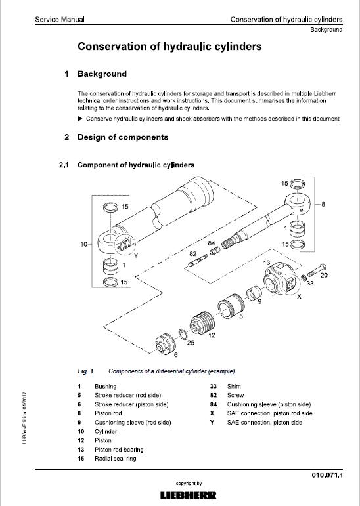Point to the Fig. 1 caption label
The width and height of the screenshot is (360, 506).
pyautogui.click(x=85, y=371)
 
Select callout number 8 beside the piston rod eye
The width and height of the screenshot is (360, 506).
pyautogui.click(x=323, y=204)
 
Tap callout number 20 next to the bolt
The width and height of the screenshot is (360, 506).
pyautogui.click(x=324, y=275)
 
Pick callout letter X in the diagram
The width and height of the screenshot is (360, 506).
pyautogui.click(x=299, y=297)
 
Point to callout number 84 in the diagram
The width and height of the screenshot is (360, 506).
pyautogui.click(x=211, y=243)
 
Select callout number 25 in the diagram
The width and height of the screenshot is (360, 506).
pyautogui.click(x=191, y=343)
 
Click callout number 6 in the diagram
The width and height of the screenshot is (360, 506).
pyautogui.click(x=175, y=354)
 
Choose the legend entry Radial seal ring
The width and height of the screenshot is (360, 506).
pyautogui.click(x=115, y=459)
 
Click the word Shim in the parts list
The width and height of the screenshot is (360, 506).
pyautogui.click(x=235, y=387)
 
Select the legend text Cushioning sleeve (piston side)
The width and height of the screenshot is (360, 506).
pyautogui.click(x=269, y=405)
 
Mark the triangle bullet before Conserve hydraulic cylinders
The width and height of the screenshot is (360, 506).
pyautogui.click(x=80, y=118)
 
